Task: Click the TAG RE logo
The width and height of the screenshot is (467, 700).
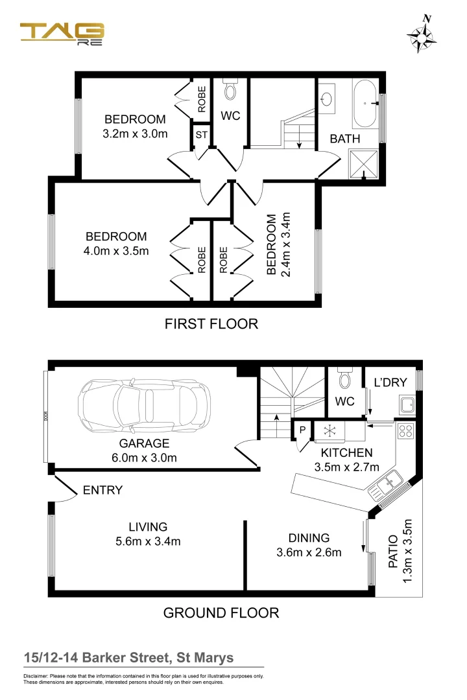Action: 62,34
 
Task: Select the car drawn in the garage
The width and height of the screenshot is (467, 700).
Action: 144,406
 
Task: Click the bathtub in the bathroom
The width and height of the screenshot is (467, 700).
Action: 366,103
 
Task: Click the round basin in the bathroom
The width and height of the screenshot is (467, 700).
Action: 328,99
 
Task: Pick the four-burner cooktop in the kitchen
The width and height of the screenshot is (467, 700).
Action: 407,429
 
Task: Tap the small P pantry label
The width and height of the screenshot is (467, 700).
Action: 302,430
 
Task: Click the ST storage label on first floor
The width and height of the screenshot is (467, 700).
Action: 202,136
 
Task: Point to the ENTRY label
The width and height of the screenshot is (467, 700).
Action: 102,491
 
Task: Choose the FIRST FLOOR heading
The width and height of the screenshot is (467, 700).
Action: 211,323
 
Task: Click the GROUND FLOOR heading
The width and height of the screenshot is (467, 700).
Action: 221,612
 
